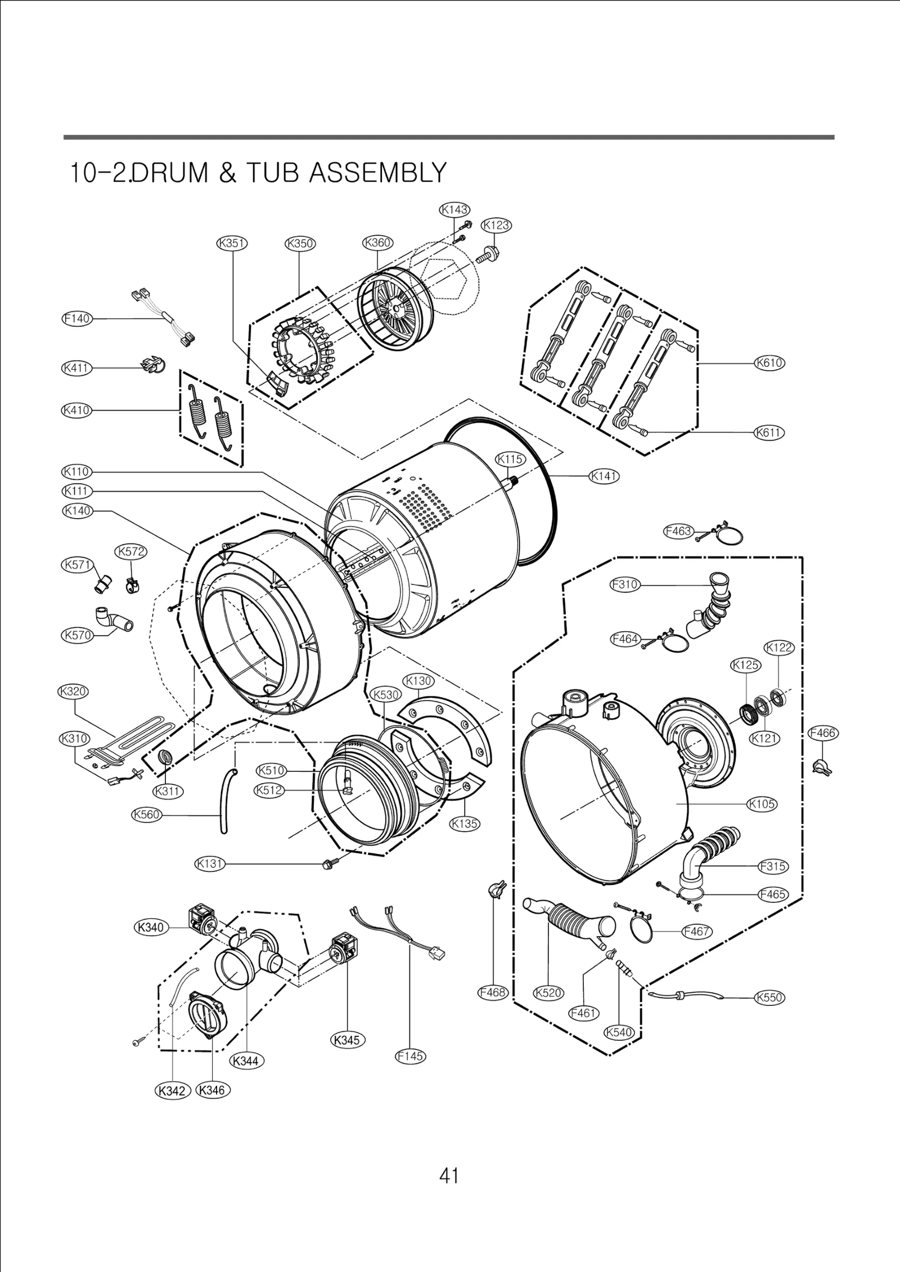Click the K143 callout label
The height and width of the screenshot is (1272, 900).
click(454, 210)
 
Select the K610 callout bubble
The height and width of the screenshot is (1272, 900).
click(769, 363)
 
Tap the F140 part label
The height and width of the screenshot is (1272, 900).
click(76, 318)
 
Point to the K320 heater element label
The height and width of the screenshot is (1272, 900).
click(73, 691)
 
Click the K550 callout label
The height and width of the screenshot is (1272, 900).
click(769, 997)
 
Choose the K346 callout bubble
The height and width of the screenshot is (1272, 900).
click(213, 1090)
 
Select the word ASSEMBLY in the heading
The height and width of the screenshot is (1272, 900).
click(377, 173)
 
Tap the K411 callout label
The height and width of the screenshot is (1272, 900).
click(76, 368)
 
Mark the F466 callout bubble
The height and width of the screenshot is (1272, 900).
click(822, 733)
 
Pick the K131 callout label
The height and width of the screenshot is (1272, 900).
click(210, 864)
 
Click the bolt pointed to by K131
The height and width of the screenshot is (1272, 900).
click(328, 864)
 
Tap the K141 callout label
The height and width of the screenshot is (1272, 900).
click(604, 476)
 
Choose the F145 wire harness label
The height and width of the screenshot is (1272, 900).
click(410, 1057)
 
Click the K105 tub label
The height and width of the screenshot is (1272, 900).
click(762, 804)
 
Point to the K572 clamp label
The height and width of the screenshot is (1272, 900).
click(131, 552)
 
